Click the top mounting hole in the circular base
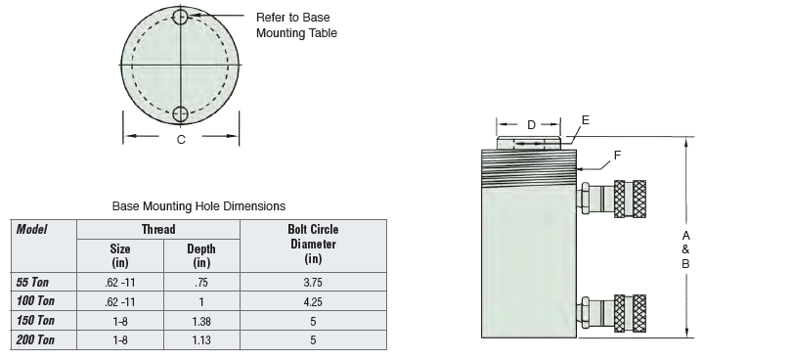[180, 17]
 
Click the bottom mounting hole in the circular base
[180, 114]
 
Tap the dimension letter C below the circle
[181, 140]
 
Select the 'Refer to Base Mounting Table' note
[296, 25]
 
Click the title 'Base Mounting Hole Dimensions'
[198, 206]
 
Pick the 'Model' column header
[32, 229]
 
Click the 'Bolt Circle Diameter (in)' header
[313, 244]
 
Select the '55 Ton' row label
[32, 282]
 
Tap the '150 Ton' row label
[35, 321]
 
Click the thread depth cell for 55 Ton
[201, 282]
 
